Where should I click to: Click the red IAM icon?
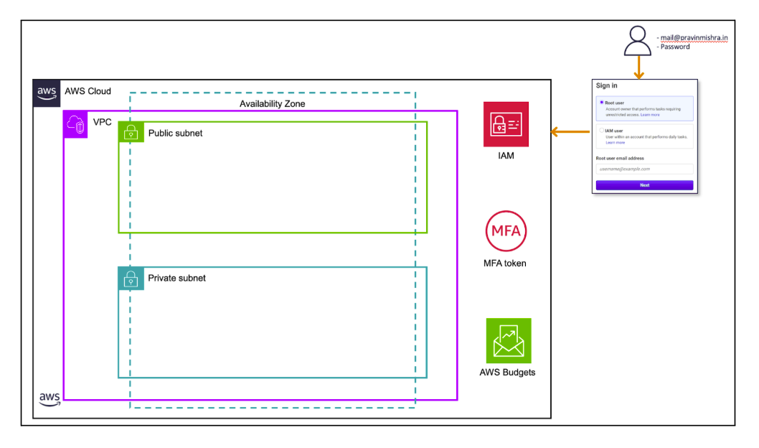click(x=506, y=124)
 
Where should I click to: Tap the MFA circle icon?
click(x=506, y=230)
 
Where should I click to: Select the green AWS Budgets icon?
click(x=508, y=340)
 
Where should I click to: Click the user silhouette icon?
click(x=637, y=41)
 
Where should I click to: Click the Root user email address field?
click(x=644, y=169)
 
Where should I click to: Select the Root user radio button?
click(x=601, y=103)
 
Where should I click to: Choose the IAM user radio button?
click(x=601, y=131)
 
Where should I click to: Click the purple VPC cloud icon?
click(x=76, y=123)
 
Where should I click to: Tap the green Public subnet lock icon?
click(x=131, y=132)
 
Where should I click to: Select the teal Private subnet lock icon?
click(x=131, y=278)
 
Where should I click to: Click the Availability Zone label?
click(x=272, y=104)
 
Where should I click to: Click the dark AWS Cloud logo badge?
click(x=47, y=92)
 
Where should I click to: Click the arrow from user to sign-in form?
click(x=637, y=69)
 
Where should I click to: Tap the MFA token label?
click(x=505, y=263)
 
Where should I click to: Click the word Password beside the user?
click(x=675, y=47)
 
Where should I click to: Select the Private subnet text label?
click(x=176, y=278)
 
